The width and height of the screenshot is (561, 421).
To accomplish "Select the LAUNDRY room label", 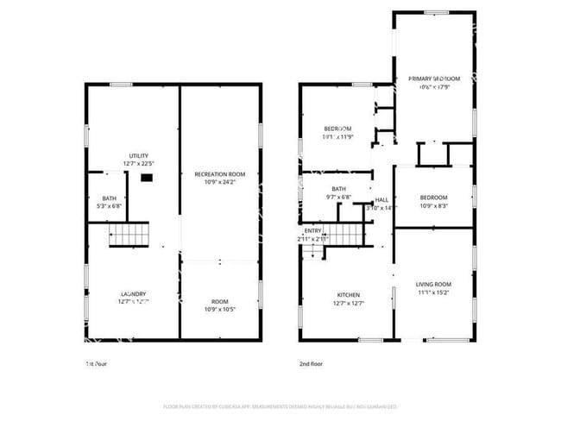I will pos(133,292).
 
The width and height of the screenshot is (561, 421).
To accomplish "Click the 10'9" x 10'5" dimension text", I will pos(220,309).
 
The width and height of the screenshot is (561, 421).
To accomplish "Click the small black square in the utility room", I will pos(148,178).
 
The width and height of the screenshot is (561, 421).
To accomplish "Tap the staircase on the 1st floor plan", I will pos(129,234).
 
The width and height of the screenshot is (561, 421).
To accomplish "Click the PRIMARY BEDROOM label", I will pos(434,79).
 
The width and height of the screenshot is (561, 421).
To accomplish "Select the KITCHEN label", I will pos(349,294).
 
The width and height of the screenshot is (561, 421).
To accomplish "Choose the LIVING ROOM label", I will pos(433,284).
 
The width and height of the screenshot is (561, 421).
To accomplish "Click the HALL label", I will pos(381,199).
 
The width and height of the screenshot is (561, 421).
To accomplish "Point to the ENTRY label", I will pos(312,230).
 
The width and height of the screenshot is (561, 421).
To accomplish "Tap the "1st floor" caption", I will pos(95,363).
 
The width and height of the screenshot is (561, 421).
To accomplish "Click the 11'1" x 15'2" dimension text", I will pos(433,292).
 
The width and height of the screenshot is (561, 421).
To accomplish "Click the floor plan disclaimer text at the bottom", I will pos(280,405).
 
